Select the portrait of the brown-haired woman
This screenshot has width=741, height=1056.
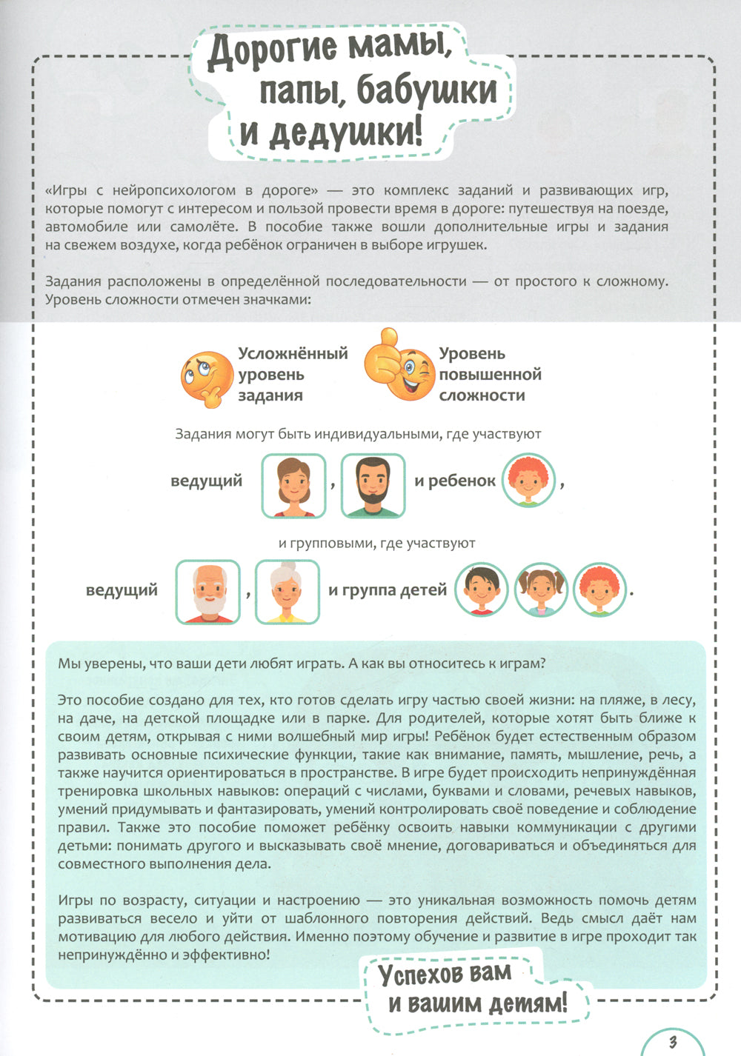coord(293,486)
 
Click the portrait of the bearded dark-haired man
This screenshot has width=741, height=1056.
coord(373,486)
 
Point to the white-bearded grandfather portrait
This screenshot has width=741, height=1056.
coord(207,592)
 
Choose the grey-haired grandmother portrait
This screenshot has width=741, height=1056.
coord(288,592)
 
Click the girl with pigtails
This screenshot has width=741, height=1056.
coord(540,589)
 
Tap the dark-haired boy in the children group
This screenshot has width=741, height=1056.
coord(480,589)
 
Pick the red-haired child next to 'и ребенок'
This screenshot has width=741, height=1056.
coord(528,481)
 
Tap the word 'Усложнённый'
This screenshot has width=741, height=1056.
coord(293,354)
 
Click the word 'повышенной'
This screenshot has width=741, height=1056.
coord(490,375)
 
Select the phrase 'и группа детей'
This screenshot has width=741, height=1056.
coord(388,590)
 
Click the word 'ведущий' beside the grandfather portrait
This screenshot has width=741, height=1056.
coord(122,591)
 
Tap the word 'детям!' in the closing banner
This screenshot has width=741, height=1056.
coord(527,1004)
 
